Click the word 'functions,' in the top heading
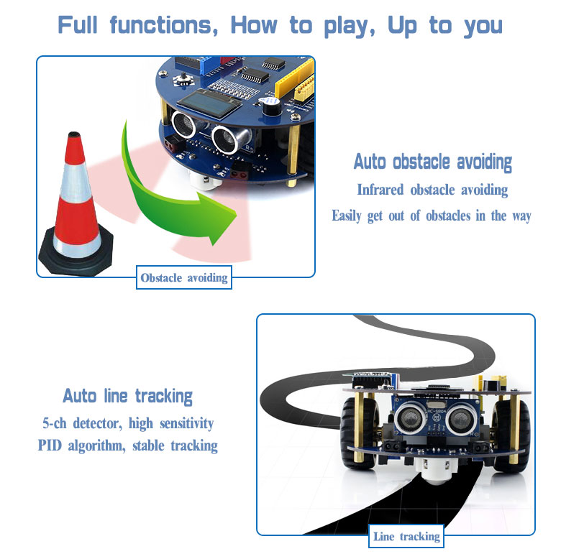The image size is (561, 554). pyautogui.click(x=163, y=25)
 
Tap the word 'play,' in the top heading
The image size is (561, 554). pyautogui.click(x=350, y=27)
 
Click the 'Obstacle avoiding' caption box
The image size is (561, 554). pyautogui.click(x=184, y=277)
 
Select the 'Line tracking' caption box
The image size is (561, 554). pyautogui.click(x=406, y=536)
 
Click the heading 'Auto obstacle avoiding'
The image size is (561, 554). pyautogui.click(x=432, y=162)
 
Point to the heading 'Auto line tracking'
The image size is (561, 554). pyautogui.click(x=128, y=397)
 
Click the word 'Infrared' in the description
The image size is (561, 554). pyautogui.click(x=380, y=190)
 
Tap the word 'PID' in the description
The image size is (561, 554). pyautogui.click(x=50, y=445)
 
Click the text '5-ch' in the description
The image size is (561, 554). pyautogui.click(x=55, y=423)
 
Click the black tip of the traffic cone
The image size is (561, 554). pyautogui.click(x=74, y=135)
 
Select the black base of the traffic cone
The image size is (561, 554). pyautogui.click(x=76, y=254)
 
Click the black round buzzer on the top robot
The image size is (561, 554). pyautogui.click(x=272, y=106)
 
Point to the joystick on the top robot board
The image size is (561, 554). pyautogui.click(x=184, y=79)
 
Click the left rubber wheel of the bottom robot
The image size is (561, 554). pyautogui.click(x=358, y=433)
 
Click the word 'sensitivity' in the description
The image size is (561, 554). pyautogui.click(x=187, y=423)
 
